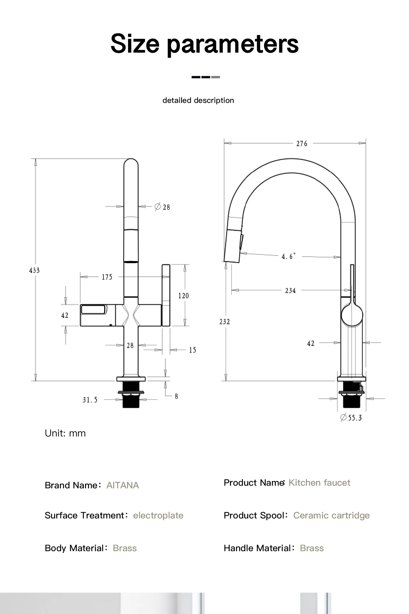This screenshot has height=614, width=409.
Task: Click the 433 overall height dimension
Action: pos(34,270)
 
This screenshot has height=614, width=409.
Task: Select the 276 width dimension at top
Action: pos(301,143)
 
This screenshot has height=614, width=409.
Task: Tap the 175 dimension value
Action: pos(107,277)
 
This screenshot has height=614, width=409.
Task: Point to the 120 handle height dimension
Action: pos(183,296)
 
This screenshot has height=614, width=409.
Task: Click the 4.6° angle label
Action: pos(288,256)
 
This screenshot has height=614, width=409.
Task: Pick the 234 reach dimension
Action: pos(290,290)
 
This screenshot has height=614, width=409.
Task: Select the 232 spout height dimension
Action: pos(225,321)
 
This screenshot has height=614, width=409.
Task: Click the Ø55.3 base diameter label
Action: pos(351,417)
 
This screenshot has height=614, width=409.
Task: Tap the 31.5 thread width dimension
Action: pos(90,400)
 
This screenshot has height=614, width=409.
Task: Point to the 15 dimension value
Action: pos(193,350)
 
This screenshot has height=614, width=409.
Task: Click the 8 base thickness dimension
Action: pos(176,396)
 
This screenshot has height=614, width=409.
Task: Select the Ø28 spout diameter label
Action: pos(162,207)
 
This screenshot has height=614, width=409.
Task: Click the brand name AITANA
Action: pos(122,485)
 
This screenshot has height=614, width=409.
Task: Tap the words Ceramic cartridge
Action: pos(331,515)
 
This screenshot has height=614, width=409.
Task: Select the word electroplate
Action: pos(158,515)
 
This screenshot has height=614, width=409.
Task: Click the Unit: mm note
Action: pos(65,433)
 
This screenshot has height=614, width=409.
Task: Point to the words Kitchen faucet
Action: pos(319,483)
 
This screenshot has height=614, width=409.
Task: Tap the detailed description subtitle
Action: pos(198,100)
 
